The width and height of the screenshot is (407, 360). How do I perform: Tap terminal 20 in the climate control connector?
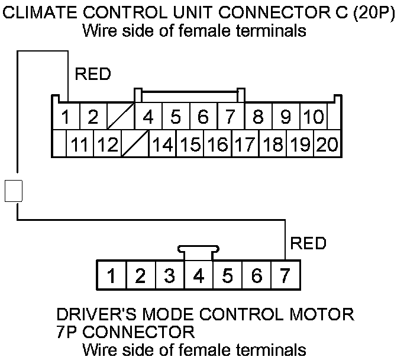(327, 144)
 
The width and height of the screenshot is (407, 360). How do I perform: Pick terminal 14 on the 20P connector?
(162, 144)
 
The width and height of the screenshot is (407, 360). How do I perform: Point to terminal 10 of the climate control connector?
(313, 117)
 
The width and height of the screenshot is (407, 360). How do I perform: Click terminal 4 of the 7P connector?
(198, 275)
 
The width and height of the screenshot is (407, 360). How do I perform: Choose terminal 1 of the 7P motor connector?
(111, 275)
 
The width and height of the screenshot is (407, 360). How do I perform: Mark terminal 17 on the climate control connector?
(244, 144)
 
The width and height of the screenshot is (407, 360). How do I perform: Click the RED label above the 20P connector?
(93, 75)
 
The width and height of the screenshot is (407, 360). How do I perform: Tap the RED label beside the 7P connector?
(308, 243)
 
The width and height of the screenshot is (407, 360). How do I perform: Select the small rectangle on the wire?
(14, 191)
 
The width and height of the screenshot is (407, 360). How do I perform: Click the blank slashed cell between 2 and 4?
(120, 117)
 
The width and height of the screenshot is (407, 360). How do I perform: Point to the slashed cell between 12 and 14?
(135, 144)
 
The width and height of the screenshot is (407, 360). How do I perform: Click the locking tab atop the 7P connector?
(198, 251)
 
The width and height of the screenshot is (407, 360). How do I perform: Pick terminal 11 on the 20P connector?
(79, 144)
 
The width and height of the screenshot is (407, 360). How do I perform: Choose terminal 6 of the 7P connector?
(257, 275)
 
